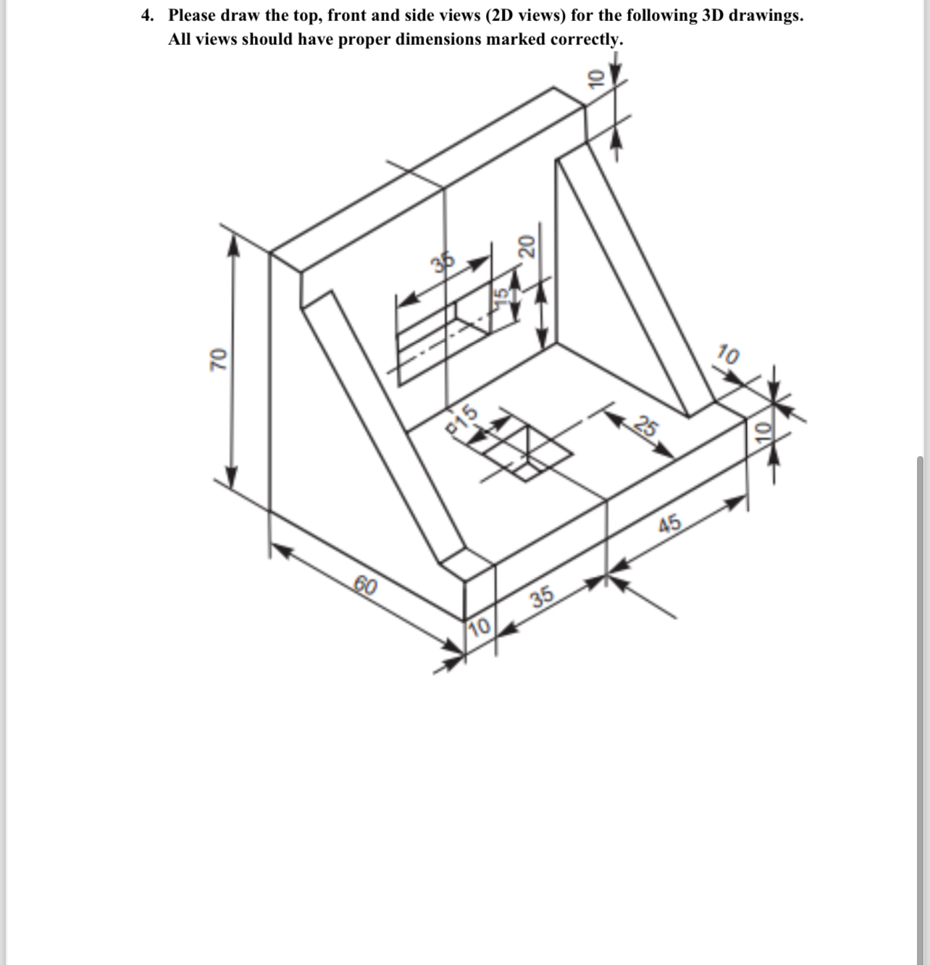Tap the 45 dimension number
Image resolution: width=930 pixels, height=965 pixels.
[x=670, y=523]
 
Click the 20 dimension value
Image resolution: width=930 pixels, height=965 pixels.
[x=527, y=247]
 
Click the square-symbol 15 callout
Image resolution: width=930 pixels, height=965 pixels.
[x=464, y=418]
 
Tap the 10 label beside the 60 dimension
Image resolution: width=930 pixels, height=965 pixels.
[x=479, y=626]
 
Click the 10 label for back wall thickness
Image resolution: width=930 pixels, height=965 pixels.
[x=595, y=77]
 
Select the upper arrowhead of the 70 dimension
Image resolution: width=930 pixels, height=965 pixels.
[x=232, y=246]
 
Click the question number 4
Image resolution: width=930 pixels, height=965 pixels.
[x=147, y=16]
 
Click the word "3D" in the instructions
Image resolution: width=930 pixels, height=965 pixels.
[x=713, y=16]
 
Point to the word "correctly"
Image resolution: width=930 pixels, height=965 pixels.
[x=587, y=39]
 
